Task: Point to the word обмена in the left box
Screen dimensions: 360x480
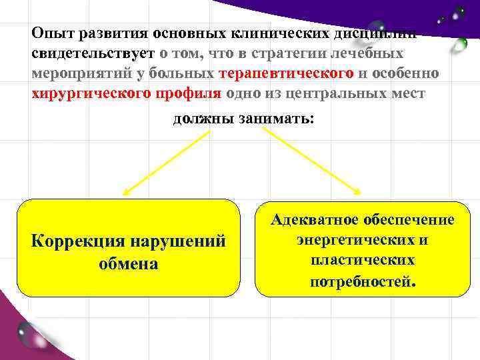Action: click(128, 263)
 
